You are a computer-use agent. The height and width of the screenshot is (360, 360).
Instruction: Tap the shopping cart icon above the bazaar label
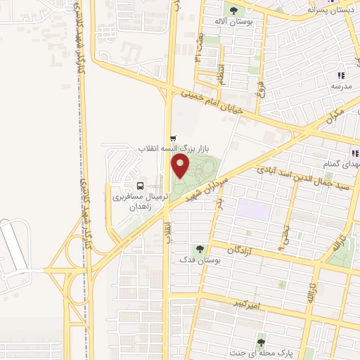(x=173, y=139)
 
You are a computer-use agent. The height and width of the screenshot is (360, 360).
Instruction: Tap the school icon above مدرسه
(x=341, y=75)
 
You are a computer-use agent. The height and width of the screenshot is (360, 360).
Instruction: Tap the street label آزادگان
(x=242, y=250)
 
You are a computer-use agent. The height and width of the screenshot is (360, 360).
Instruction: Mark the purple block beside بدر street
(x=253, y=209)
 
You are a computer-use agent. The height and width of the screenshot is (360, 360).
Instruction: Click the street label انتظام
(x=221, y=73)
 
